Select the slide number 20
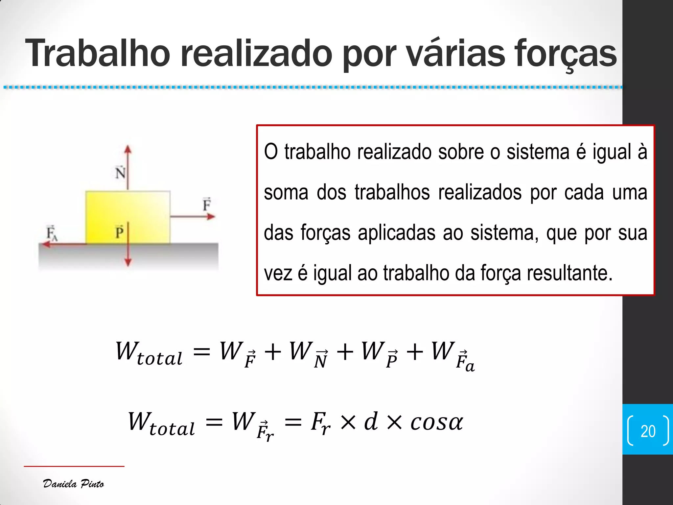[648, 431]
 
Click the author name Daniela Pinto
[73, 484]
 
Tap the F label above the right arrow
[206, 204]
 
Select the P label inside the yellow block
[119, 232]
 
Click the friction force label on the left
[52, 233]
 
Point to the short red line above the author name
[74, 466]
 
